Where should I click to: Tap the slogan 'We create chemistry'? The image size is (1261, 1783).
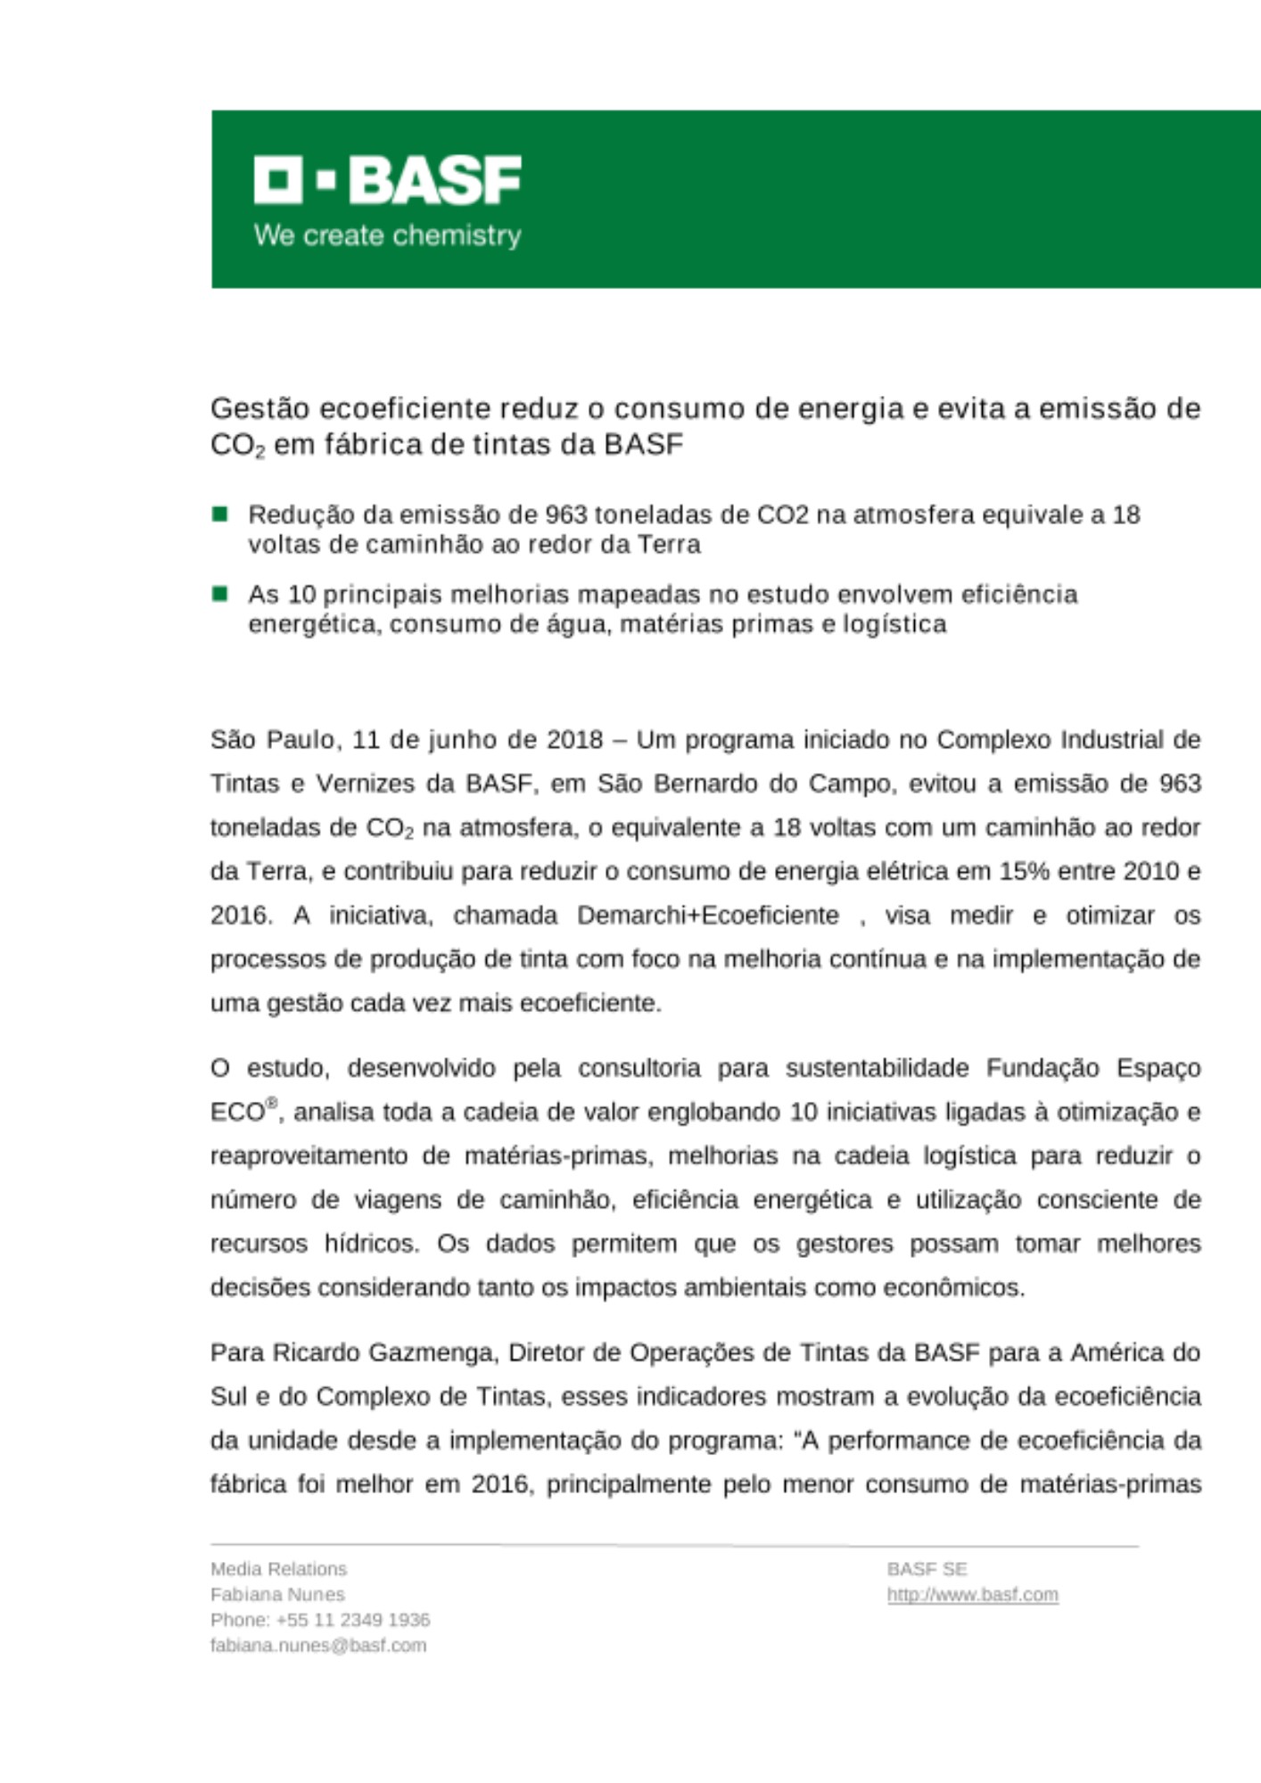click(x=387, y=235)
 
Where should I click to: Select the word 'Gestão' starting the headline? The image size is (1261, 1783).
click(x=260, y=408)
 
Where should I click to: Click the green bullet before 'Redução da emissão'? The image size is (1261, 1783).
click(x=219, y=514)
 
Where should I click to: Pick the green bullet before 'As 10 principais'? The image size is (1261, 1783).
click(x=219, y=593)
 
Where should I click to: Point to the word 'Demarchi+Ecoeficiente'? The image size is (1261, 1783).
click(x=708, y=916)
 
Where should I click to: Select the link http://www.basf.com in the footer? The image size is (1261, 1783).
click(x=972, y=1594)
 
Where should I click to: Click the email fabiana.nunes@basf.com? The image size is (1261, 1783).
click(x=318, y=1645)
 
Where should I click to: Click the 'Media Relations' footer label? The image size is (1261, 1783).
click(x=278, y=1569)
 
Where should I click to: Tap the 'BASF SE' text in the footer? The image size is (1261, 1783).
click(x=927, y=1569)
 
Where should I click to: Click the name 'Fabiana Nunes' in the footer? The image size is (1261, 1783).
click(x=277, y=1594)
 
